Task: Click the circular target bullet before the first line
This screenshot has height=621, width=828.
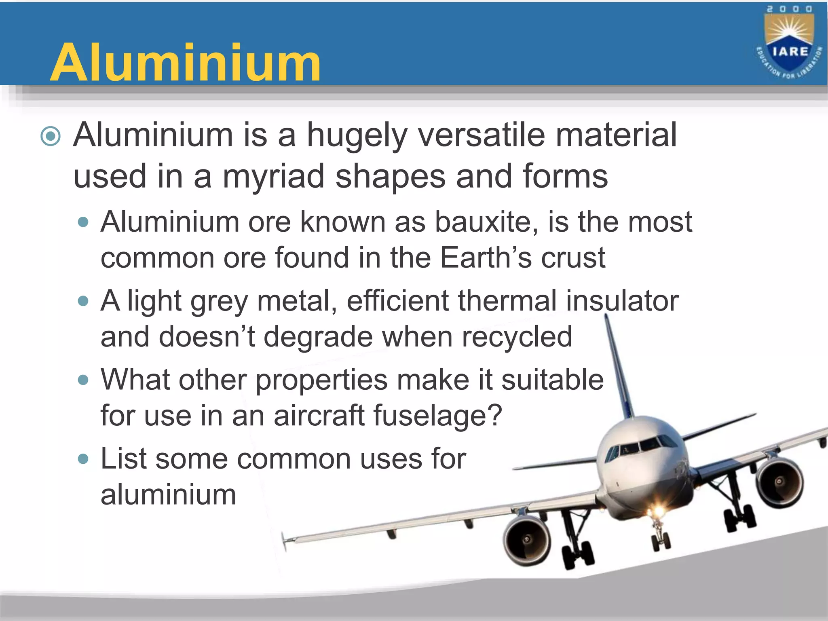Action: pyautogui.click(x=51, y=136)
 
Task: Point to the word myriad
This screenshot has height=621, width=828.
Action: pyautogui.click(x=274, y=177)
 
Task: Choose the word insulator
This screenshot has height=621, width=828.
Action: pyautogui.click(x=622, y=301)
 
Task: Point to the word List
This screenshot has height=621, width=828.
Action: pyautogui.click(x=123, y=459)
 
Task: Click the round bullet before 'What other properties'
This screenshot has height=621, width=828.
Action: pyautogui.click(x=83, y=380)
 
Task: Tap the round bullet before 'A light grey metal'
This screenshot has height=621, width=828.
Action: pyautogui.click(x=83, y=301)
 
